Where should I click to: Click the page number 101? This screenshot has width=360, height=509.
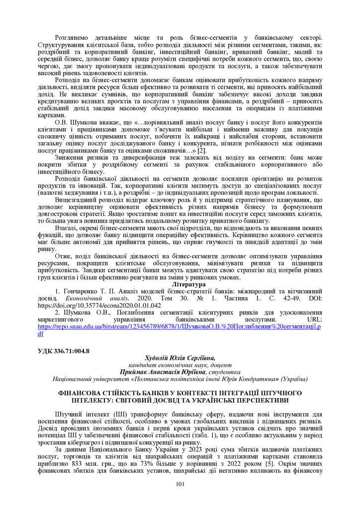click(x=180, y=485)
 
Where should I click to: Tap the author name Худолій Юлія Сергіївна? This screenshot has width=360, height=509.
click(x=180, y=358)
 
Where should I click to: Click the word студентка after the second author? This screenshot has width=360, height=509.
click(x=225, y=372)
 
